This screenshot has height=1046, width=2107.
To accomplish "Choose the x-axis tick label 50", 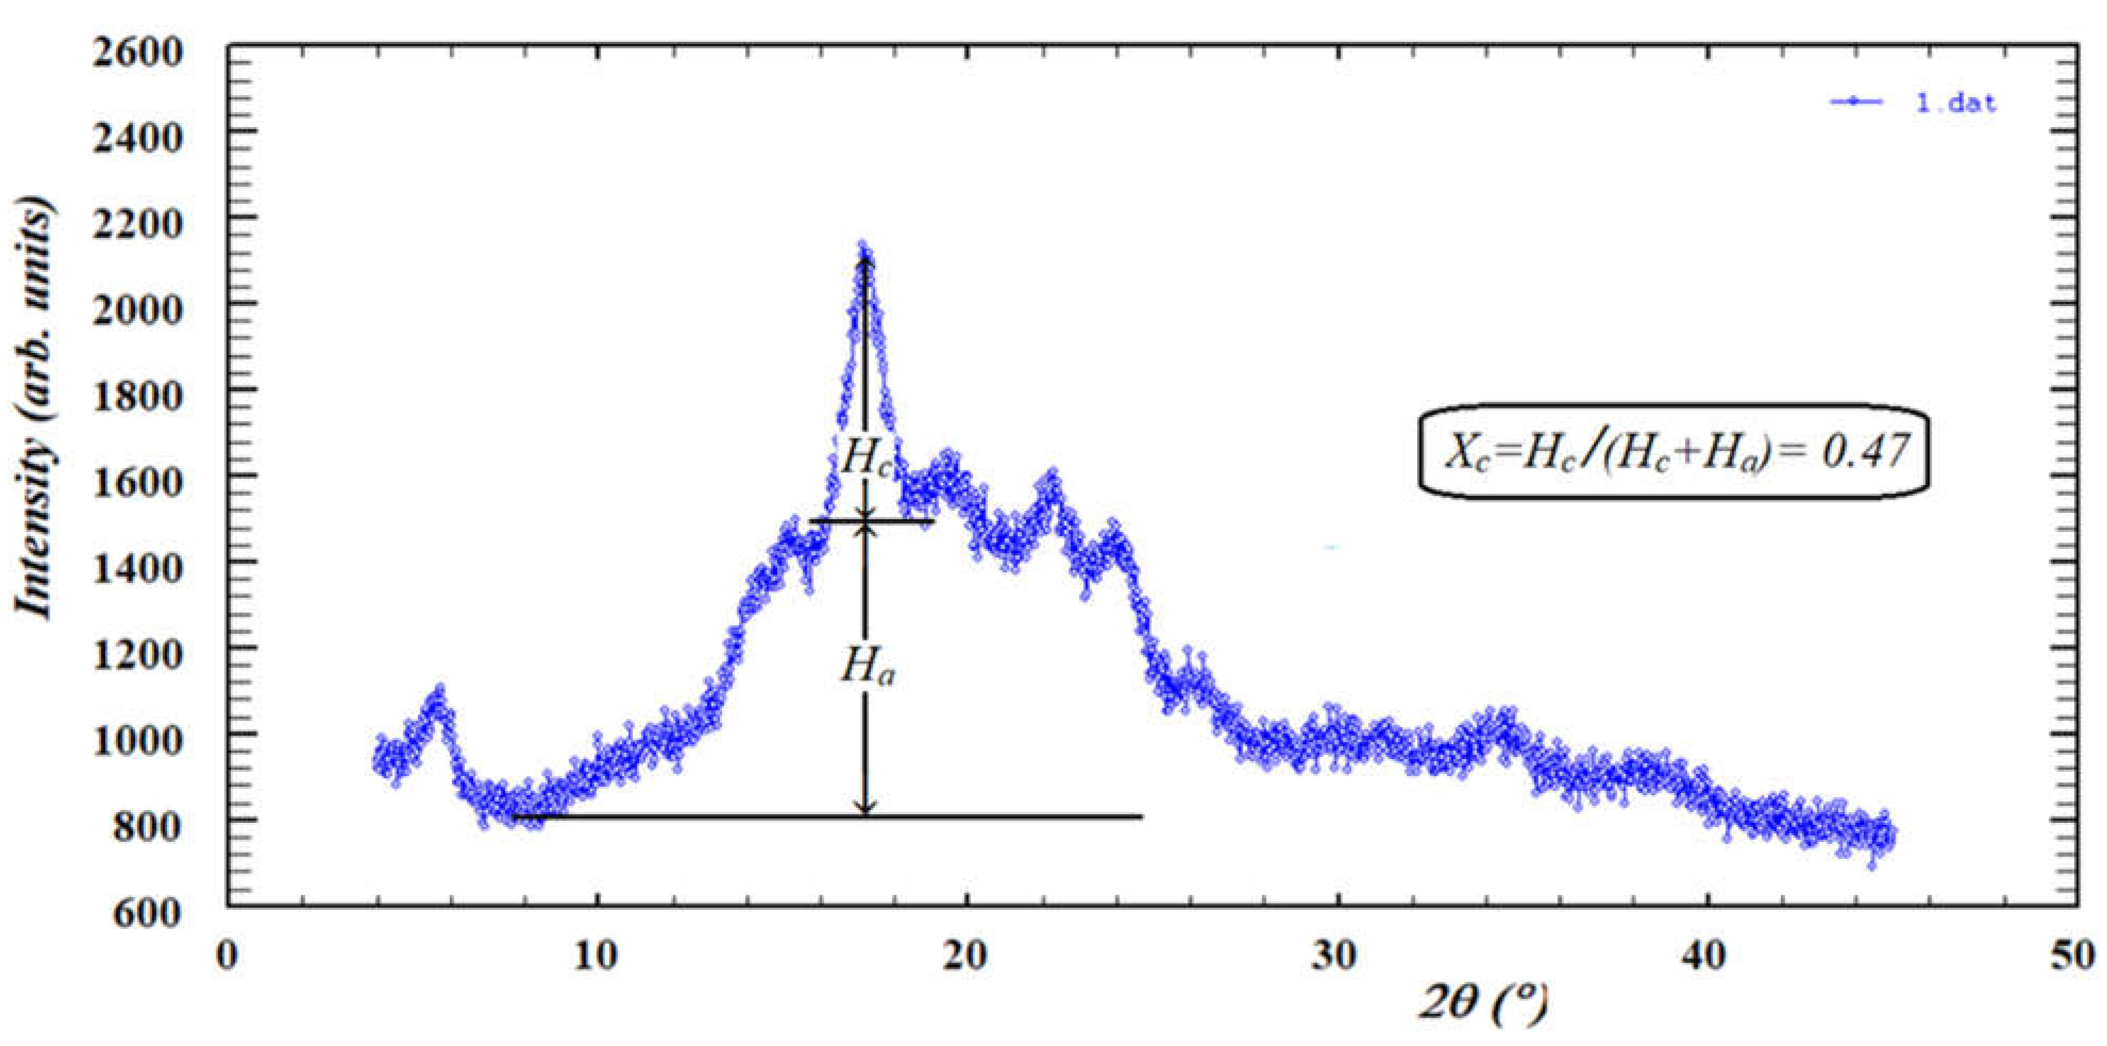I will pos(2074,955).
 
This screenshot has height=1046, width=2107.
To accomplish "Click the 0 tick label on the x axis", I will pos(226,955).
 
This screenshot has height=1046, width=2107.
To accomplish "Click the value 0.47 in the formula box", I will pos(1865,451).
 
